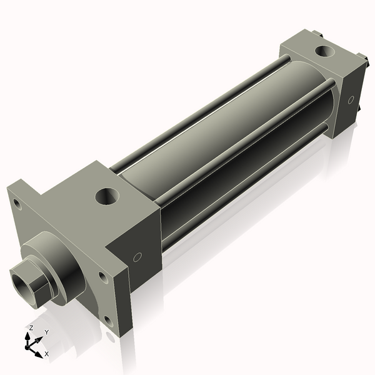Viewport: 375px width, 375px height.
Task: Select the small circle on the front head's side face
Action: coord(137,256)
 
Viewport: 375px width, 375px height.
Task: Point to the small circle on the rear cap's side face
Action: coord(351,99)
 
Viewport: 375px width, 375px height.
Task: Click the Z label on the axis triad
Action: coord(31,327)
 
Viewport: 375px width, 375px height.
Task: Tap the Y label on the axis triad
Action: coord(46,332)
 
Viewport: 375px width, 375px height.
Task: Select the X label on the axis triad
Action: coord(47,354)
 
